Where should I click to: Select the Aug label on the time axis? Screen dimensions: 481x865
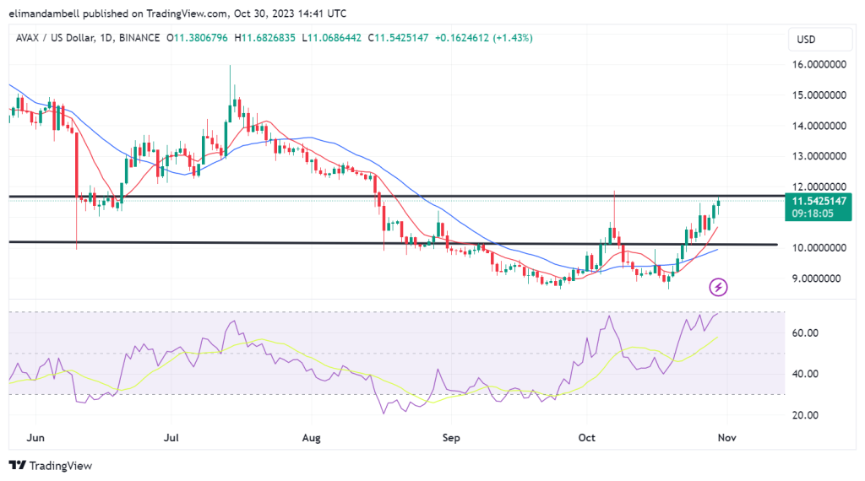[x=311, y=438]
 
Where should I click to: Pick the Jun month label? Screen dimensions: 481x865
[x=35, y=438]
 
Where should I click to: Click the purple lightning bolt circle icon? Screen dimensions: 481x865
[x=719, y=287]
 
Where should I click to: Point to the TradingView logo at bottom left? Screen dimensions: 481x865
[x=51, y=466]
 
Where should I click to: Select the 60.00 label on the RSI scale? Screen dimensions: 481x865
[x=803, y=333]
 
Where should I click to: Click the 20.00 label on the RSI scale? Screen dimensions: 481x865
[x=803, y=415]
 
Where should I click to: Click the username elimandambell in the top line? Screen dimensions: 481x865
[x=52, y=12]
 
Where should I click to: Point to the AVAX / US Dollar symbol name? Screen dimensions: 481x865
[x=53, y=38]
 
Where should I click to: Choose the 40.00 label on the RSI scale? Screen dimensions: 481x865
[x=803, y=374]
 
